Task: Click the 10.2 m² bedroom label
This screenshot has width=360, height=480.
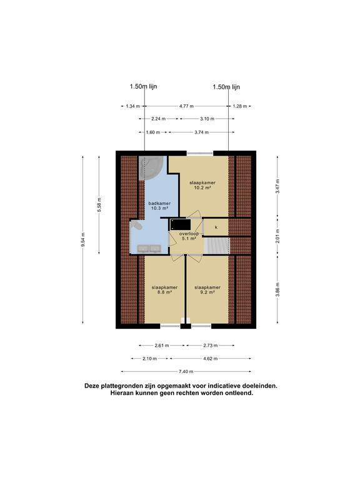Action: pos(200,185)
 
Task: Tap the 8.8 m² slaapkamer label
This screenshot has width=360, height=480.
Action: pos(164,290)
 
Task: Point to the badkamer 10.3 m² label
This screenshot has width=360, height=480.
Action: pos(159,206)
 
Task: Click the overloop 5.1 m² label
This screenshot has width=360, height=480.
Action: pos(188,236)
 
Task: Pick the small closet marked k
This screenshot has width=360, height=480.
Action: pos(216,227)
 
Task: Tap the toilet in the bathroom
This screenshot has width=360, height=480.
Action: pos(136,226)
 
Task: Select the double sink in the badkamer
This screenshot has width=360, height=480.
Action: pos(150,248)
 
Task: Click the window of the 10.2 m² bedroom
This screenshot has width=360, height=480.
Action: pos(199,153)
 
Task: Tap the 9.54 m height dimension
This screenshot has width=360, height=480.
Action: pos(83,239)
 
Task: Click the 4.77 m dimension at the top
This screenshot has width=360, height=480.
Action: pos(186,106)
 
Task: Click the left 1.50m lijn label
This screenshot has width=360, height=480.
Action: pos(143,87)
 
